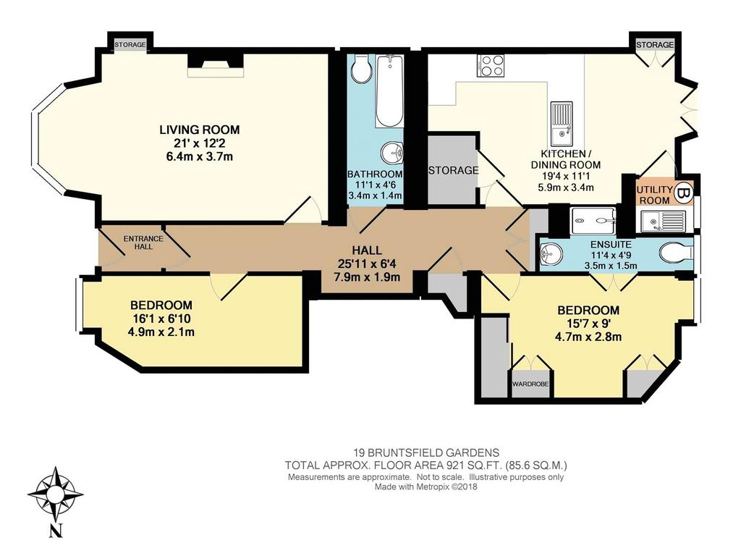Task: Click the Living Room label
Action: [x=200, y=129]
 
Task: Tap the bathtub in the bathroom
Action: [x=389, y=90]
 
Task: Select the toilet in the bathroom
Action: [x=363, y=70]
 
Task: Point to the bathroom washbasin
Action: [x=392, y=153]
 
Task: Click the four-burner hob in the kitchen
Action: [x=491, y=65]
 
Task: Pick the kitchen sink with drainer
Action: [x=562, y=123]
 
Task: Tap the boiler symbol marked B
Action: [x=683, y=193]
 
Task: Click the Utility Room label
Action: [x=654, y=195]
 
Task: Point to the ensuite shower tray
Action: [x=593, y=220]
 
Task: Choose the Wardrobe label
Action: [x=530, y=384]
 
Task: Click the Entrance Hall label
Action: [x=143, y=243]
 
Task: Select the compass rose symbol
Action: [x=56, y=494]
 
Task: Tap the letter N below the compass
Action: [x=56, y=531]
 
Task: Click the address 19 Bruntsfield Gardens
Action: [x=427, y=452]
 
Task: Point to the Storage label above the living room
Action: [x=130, y=45]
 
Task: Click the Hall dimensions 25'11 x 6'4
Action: [x=367, y=264]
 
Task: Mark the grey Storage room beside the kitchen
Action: [x=452, y=170]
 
